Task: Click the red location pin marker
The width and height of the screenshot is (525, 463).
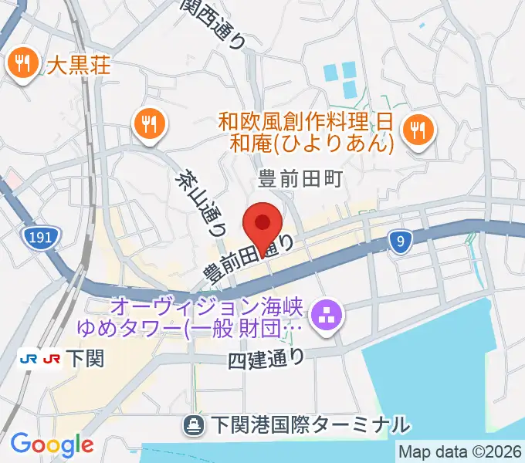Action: click(262, 223)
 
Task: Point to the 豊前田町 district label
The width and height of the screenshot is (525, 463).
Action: click(299, 180)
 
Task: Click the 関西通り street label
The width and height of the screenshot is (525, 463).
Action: click(215, 23)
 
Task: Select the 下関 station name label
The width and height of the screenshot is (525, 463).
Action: click(86, 359)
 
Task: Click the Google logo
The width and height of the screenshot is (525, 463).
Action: click(52, 444)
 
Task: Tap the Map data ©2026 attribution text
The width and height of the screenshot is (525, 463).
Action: click(460, 452)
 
